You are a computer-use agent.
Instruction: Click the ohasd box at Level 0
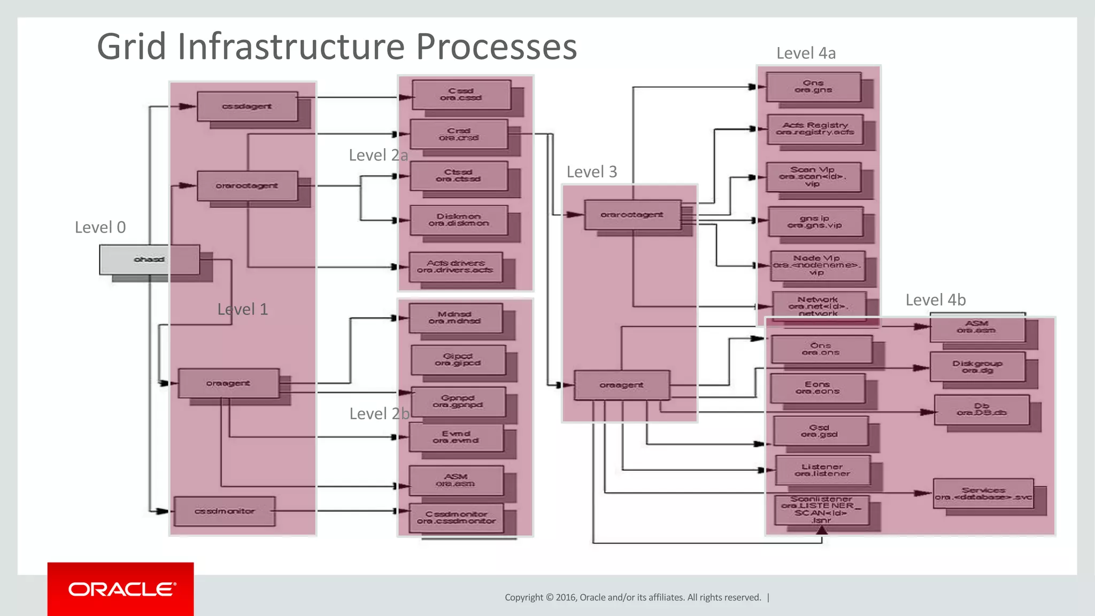pos(149,259)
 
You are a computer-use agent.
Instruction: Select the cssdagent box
pos(247,106)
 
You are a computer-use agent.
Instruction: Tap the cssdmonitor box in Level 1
pos(225,511)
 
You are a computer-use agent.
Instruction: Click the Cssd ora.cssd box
pos(461,95)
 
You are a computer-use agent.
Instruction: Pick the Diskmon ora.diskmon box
pos(459,220)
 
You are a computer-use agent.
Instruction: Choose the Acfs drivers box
pos(456,266)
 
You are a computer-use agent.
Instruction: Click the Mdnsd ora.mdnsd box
pos(455,318)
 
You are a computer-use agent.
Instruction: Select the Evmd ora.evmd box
pos(456,437)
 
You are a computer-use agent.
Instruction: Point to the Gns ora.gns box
pos(813,87)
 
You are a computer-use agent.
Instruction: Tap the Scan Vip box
pos(813,176)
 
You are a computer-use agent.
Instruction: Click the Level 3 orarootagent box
pos(632,214)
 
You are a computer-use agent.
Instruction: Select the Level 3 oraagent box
pos(621,385)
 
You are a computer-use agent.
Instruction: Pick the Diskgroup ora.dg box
pos(977,367)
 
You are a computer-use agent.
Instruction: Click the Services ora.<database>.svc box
pos(983,494)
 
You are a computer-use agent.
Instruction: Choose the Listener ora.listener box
pos(822,470)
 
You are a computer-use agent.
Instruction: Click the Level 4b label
pos(935,300)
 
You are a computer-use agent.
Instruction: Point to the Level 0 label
pos(100,227)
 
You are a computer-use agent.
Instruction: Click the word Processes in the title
pos(496,47)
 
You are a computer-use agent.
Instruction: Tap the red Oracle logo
pos(120,589)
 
